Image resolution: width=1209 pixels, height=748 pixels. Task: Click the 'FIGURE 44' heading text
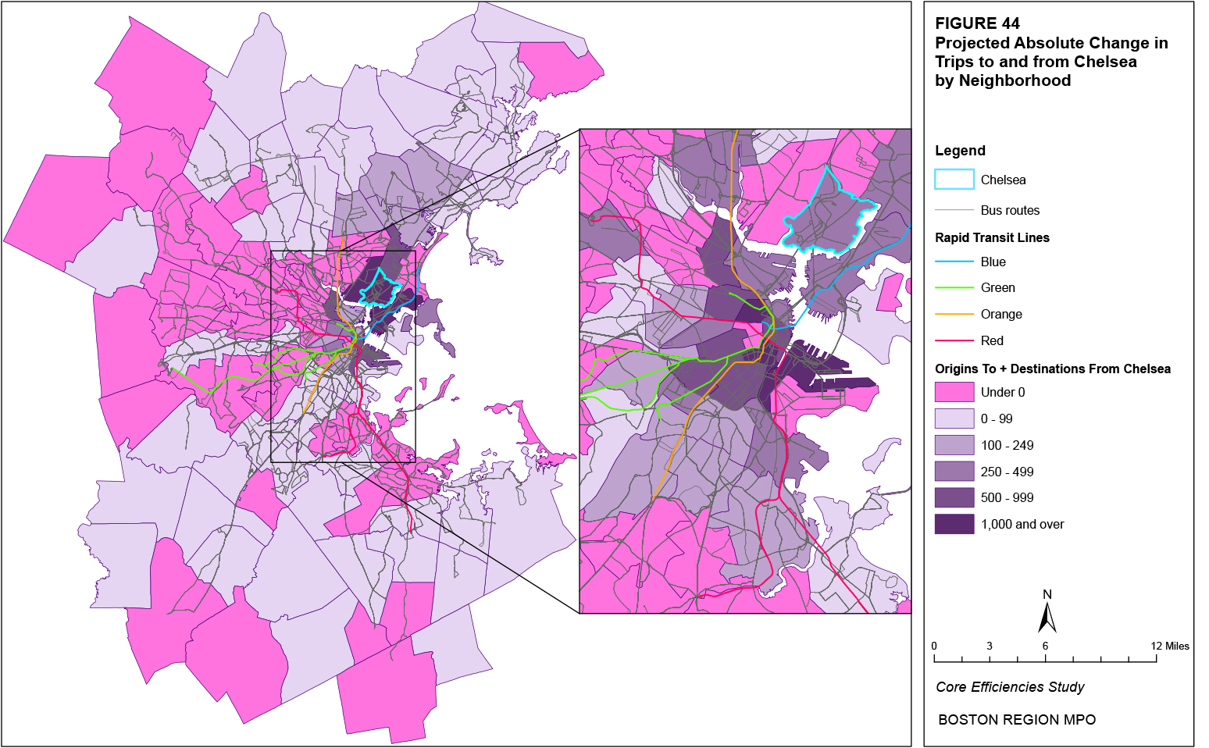(x=977, y=23)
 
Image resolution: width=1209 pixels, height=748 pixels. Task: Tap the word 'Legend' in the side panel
(x=960, y=151)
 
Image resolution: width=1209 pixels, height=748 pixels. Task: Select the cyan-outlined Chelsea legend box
(x=954, y=180)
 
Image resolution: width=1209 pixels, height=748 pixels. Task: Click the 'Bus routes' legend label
(x=1010, y=210)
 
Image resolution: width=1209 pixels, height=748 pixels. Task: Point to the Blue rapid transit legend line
(x=954, y=262)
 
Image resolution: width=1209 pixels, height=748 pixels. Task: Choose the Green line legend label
(x=997, y=288)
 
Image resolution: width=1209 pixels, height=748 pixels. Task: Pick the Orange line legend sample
(x=954, y=315)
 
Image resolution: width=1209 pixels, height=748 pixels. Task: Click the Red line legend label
(x=992, y=340)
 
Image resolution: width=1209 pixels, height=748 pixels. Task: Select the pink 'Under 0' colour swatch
(x=954, y=392)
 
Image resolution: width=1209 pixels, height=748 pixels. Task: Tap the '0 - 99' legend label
(x=997, y=419)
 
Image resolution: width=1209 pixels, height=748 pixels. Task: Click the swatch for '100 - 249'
(x=954, y=445)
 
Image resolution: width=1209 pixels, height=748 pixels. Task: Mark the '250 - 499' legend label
(x=1007, y=472)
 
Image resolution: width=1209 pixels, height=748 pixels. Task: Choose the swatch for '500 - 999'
(x=954, y=497)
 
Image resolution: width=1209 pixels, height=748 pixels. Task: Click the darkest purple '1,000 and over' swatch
(x=954, y=524)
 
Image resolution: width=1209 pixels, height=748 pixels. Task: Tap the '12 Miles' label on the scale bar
(x=1169, y=646)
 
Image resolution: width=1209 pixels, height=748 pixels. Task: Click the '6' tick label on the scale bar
(x=1045, y=646)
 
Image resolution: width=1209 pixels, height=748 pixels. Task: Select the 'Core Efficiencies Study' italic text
(x=1010, y=687)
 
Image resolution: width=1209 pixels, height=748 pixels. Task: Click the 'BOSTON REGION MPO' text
(x=1017, y=720)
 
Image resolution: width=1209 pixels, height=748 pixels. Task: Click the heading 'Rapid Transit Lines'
(x=992, y=237)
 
